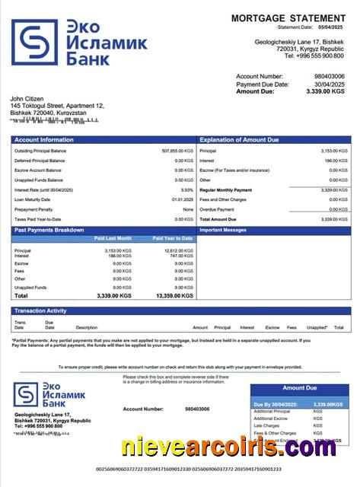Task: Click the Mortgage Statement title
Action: click(x=288, y=18)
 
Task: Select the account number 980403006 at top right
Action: click(x=329, y=77)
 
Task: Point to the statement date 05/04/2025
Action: click(x=333, y=27)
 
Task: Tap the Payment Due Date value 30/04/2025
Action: click(x=328, y=84)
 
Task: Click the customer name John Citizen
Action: click(x=27, y=99)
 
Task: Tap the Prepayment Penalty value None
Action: click(x=188, y=209)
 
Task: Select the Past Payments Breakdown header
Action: click(x=52, y=229)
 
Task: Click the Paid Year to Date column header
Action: click(x=173, y=238)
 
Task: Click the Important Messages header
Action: click(x=223, y=229)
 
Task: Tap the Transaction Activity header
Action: click(x=46, y=310)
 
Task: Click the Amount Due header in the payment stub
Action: click(x=299, y=388)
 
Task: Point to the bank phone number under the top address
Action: click(x=313, y=56)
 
